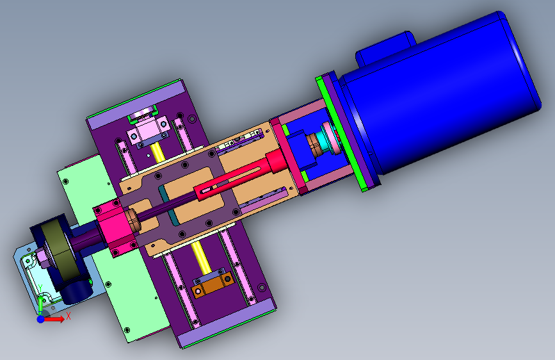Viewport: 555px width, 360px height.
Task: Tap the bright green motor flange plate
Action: tap(342, 135)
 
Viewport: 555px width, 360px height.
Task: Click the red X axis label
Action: tap(68, 316)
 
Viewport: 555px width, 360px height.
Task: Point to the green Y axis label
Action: tap(40, 288)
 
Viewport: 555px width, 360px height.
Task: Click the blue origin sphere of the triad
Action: tap(41, 319)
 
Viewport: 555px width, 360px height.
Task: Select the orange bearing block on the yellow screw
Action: tap(213, 284)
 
